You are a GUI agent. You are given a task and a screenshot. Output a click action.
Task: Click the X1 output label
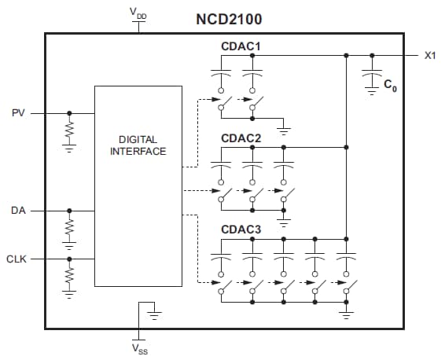(430, 56)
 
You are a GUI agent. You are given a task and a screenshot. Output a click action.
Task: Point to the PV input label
(19, 113)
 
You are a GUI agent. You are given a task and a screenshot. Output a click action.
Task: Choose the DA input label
(19, 211)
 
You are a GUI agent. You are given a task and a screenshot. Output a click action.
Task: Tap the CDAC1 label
(241, 46)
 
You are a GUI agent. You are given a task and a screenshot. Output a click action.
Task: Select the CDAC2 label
(241, 138)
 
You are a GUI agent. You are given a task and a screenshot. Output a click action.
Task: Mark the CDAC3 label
(241, 229)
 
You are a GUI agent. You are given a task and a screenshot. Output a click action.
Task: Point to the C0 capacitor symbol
(371, 76)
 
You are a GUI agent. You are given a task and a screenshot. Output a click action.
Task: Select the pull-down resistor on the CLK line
(69, 275)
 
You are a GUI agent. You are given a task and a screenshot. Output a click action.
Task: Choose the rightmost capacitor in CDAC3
(346, 257)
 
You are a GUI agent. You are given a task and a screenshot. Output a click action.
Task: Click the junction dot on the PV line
(69, 113)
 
